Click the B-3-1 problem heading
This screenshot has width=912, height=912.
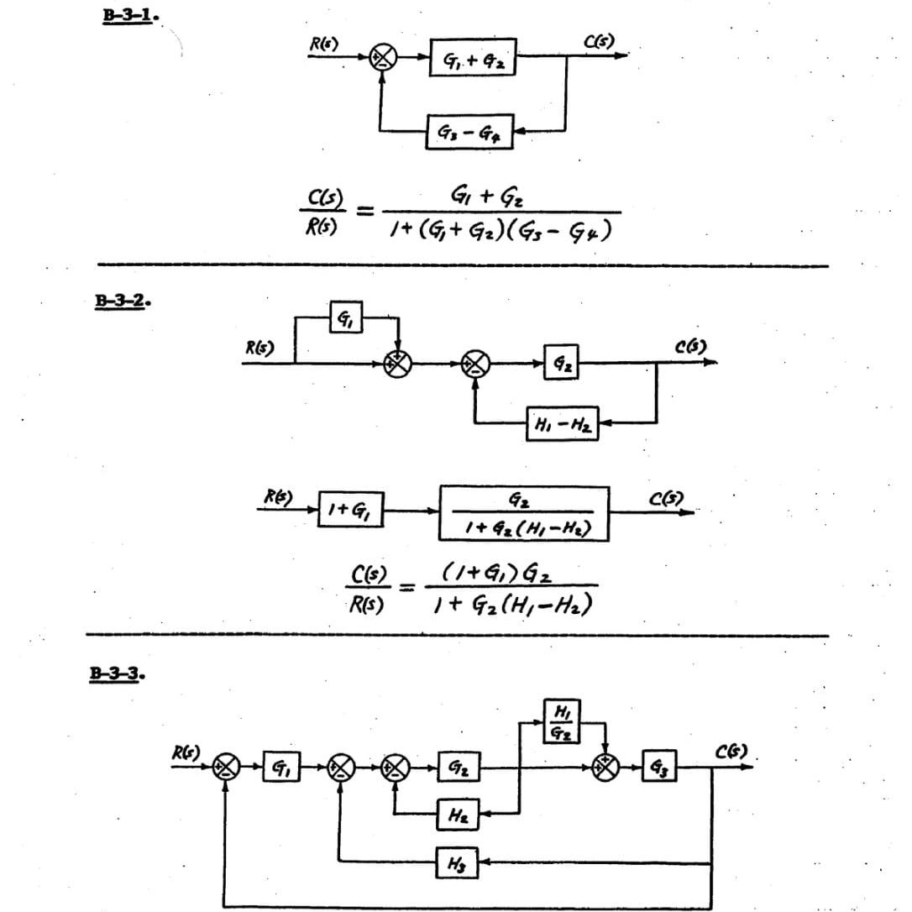(x=126, y=16)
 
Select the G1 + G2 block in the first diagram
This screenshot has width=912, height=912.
(x=473, y=58)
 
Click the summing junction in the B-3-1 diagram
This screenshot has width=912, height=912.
(x=384, y=57)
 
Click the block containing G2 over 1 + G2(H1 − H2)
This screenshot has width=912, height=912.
(x=524, y=513)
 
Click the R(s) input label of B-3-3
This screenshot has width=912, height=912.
(x=184, y=752)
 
